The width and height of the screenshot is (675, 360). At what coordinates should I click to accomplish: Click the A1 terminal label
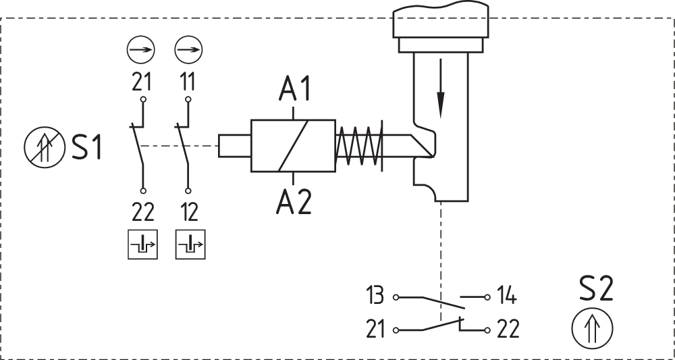(x=294, y=88)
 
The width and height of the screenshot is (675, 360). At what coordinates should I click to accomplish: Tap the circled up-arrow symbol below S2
(x=592, y=330)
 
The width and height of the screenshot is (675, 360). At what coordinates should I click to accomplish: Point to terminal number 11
(x=188, y=82)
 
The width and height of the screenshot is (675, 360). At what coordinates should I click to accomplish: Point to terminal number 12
(x=189, y=211)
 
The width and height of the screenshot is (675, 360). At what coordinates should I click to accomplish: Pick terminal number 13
(x=375, y=296)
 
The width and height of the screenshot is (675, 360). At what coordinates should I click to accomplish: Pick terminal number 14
(x=508, y=296)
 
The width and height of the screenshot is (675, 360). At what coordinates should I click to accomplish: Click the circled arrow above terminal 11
(x=188, y=49)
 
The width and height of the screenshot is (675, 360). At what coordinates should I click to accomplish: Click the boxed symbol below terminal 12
(x=190, y=244)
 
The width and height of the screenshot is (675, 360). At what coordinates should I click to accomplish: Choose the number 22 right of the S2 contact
(x=508, y=330)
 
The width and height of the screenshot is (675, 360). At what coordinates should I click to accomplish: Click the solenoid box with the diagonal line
(x=293, y=145)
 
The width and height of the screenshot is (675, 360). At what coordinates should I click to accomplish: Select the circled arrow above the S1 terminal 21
(x=141, y=49)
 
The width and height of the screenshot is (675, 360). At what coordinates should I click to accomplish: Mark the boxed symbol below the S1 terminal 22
(x=142, y=244)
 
